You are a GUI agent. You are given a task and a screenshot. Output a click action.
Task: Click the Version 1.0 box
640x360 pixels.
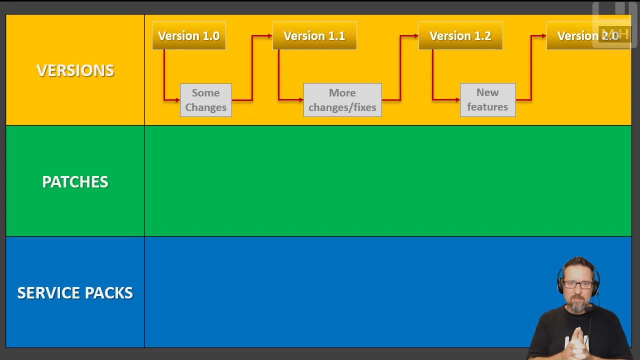[x=189, y=36]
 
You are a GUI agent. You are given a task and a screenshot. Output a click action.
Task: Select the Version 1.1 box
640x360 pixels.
[x=314, y=36]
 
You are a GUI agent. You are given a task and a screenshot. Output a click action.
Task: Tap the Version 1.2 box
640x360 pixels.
[x=460, y=36]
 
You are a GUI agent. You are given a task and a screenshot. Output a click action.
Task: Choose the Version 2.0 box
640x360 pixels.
[x=588, y=36]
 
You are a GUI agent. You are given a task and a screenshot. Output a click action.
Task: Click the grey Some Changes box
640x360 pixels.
[x=205, y=100]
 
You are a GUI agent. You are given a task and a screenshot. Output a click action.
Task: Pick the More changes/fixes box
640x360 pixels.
[x=342, y=100]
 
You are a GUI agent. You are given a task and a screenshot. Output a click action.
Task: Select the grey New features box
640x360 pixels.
[x=487, y=99]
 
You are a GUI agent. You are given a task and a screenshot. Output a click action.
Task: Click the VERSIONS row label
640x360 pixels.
[x=75, y=70]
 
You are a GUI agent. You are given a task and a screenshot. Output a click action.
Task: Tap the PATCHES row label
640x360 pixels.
[x=75, y=181]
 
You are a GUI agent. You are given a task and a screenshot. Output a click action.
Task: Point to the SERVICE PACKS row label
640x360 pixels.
[x=75, y=292]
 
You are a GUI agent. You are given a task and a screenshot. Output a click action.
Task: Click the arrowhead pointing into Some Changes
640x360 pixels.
[x=177, y=100]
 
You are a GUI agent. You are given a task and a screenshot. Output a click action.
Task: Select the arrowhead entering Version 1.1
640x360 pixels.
[x=270, y=36]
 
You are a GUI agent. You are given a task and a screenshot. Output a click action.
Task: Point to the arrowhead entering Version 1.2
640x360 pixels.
[x=416, y=36]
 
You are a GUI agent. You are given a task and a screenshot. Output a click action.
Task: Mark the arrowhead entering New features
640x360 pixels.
[x=457, y=100]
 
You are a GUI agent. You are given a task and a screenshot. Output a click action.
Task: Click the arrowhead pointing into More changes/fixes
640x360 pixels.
[x=301, y=100]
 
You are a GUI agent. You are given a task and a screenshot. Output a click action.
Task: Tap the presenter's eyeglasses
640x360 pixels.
[x=579, y=285]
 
